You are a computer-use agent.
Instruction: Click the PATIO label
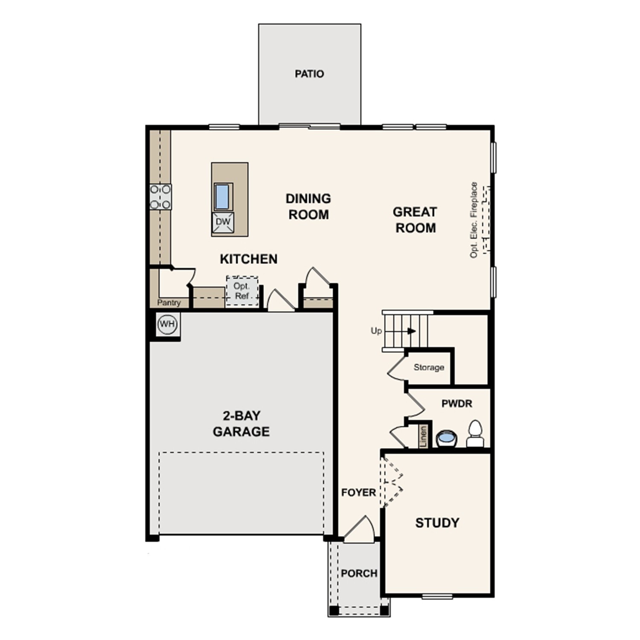click(309, 74)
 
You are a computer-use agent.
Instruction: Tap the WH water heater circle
click(167, 324)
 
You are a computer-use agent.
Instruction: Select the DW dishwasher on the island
click(223, 222)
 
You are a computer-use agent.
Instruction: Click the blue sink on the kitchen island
click(222, 196)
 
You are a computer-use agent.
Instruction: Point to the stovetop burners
click(160, 197)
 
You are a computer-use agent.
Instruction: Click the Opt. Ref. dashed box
click(242, 291)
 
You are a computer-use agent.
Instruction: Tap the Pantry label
click(169, 303)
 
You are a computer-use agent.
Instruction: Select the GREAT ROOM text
click(415, 220)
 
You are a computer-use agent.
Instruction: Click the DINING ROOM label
click(308, 207)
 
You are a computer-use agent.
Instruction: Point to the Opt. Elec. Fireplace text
click(474, 220)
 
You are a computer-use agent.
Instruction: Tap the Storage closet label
click(428, 367)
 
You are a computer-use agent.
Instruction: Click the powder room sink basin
click(446, 438)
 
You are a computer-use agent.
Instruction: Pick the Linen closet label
click(423, 436)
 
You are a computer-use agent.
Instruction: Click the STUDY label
click(437, 523)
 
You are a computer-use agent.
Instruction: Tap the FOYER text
click(358, 492)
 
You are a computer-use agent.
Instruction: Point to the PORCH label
click(359, 573)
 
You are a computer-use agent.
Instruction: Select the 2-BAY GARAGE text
click(241, 424)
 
